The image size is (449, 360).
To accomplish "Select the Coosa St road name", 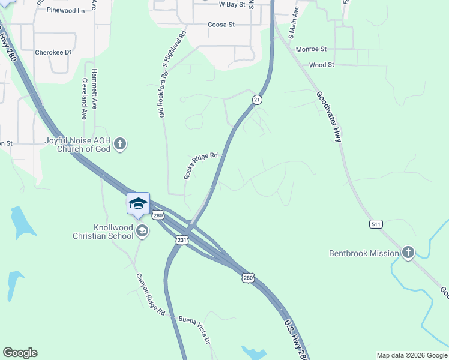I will (220, 25).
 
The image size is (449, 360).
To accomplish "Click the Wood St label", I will (321, 64).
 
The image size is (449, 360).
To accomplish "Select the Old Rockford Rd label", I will (162, 94).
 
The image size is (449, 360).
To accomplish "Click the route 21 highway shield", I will (257, 100).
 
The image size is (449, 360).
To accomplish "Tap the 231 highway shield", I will (182, 240).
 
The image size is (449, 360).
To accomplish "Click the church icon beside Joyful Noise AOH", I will (120, 144).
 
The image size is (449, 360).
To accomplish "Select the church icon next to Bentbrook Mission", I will (408, 253).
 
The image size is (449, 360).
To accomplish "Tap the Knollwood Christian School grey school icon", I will (142, 230).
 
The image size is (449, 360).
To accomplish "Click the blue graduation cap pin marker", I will (138, 204).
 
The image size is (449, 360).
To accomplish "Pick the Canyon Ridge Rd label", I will (150, 294).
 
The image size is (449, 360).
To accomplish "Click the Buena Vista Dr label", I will (196, 329).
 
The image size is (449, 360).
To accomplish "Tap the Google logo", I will (20, 353).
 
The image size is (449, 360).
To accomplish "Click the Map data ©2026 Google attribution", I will (411, 355).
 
